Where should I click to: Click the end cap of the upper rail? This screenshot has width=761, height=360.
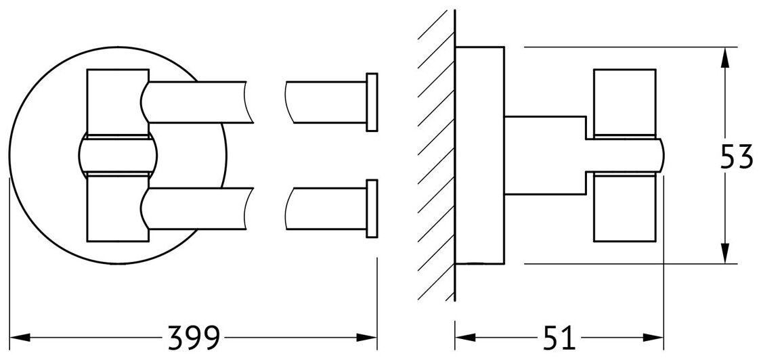click(371, 101)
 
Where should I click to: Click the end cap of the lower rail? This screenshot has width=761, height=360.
click(371, 208)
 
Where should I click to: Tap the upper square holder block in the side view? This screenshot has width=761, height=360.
click(624, 102)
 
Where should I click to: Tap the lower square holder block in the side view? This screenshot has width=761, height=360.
click(624, 207)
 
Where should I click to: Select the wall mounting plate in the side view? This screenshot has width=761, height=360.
click(479, 156)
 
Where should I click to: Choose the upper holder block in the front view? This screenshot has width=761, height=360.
click(117, 102)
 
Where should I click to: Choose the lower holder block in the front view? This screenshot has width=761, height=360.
click(117, 207)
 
